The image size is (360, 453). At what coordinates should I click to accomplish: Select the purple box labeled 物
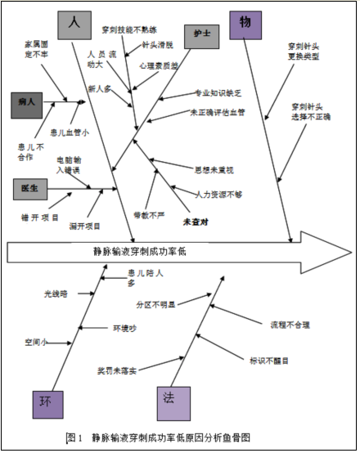click(245, 25)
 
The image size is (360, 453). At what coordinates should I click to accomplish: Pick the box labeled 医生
click(30, 187)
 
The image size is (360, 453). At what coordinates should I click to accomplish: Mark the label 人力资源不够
click(219, 194)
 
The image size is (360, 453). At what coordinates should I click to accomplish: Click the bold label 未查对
click(196, 221)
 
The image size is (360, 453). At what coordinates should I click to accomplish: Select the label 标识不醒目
click(269, 358)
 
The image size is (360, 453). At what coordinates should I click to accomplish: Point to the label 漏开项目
click(85, 226)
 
